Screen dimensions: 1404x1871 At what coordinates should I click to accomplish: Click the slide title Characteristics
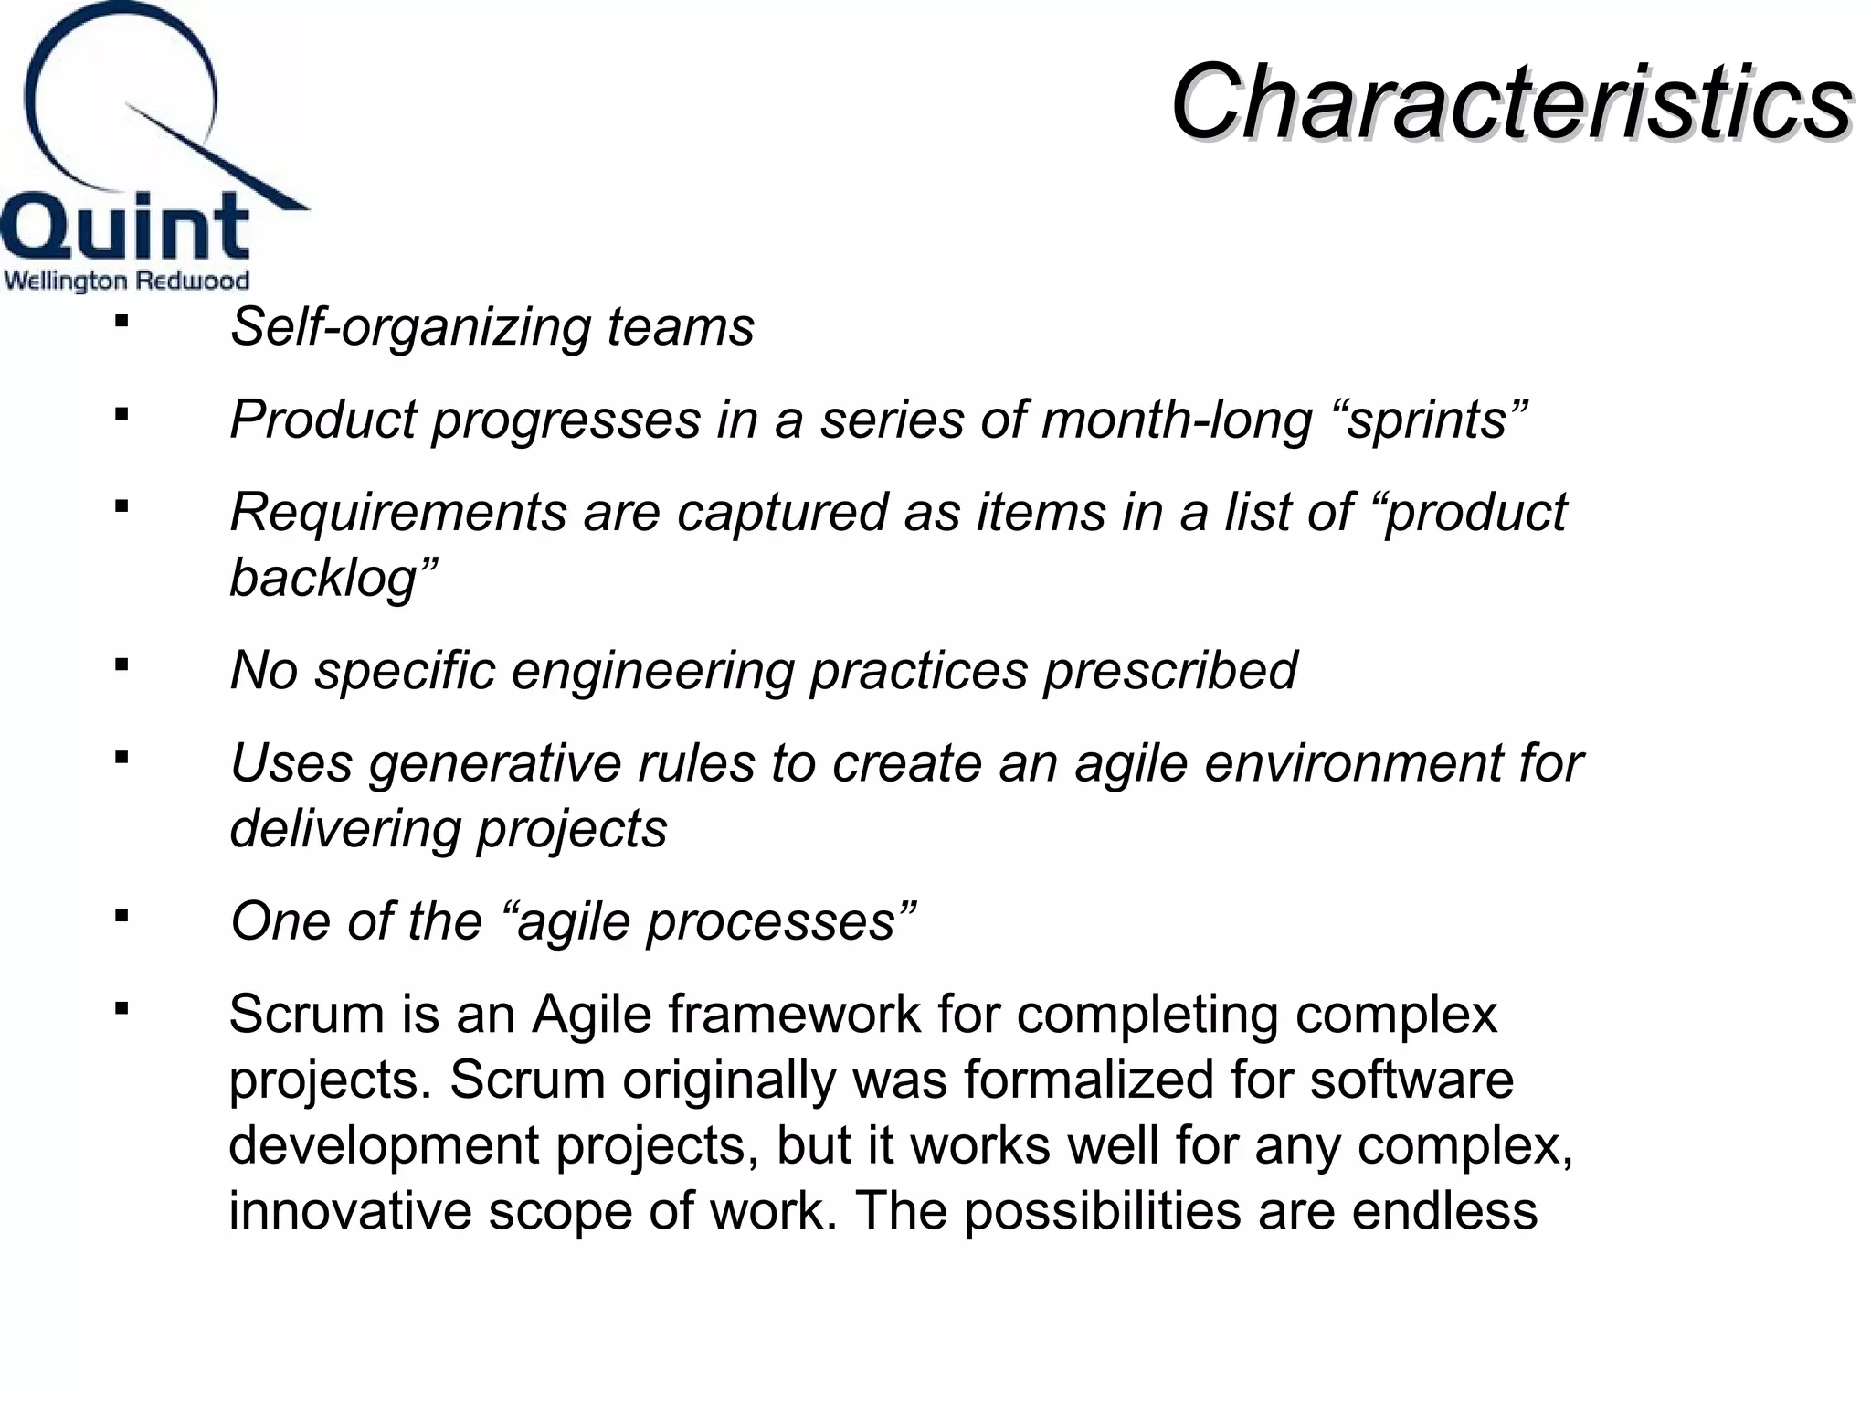[1511, 102]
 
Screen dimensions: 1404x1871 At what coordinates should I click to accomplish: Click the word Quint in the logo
[125, 227]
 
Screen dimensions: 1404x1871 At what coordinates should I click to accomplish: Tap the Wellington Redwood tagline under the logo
[127, 281]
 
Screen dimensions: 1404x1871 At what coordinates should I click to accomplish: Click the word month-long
[1176, 420]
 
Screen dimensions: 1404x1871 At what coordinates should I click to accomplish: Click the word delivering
[345, 829]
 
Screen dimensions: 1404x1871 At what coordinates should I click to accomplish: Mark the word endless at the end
[1444, 1211]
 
